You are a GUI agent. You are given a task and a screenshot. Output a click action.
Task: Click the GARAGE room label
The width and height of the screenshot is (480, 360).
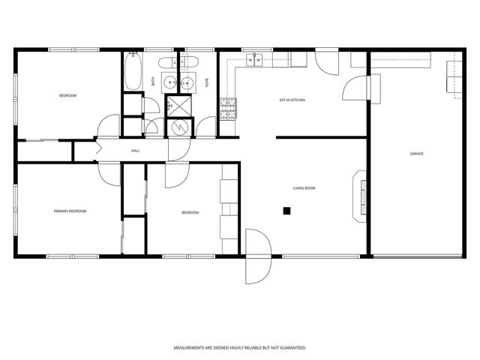416,154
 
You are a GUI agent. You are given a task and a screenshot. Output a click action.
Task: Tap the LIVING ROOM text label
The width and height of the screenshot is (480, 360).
303,188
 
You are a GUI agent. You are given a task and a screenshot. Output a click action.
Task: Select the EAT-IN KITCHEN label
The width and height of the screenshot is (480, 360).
292,100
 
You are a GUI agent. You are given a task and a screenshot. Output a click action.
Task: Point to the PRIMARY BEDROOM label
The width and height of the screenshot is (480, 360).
70,211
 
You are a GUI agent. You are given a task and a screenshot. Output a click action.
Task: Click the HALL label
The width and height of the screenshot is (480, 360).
136,151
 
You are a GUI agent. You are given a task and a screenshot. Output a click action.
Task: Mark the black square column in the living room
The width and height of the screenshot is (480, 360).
286,211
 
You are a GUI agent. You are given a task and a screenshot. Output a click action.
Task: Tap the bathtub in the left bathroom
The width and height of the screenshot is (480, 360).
133,73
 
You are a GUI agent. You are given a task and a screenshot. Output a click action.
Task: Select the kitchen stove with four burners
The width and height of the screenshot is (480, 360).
226,109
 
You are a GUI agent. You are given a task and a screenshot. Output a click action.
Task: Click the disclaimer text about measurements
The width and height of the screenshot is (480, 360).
239,348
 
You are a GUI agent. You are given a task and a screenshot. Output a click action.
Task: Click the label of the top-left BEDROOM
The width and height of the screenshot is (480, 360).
67,96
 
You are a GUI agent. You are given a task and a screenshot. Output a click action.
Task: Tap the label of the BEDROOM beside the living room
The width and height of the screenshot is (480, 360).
190,212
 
